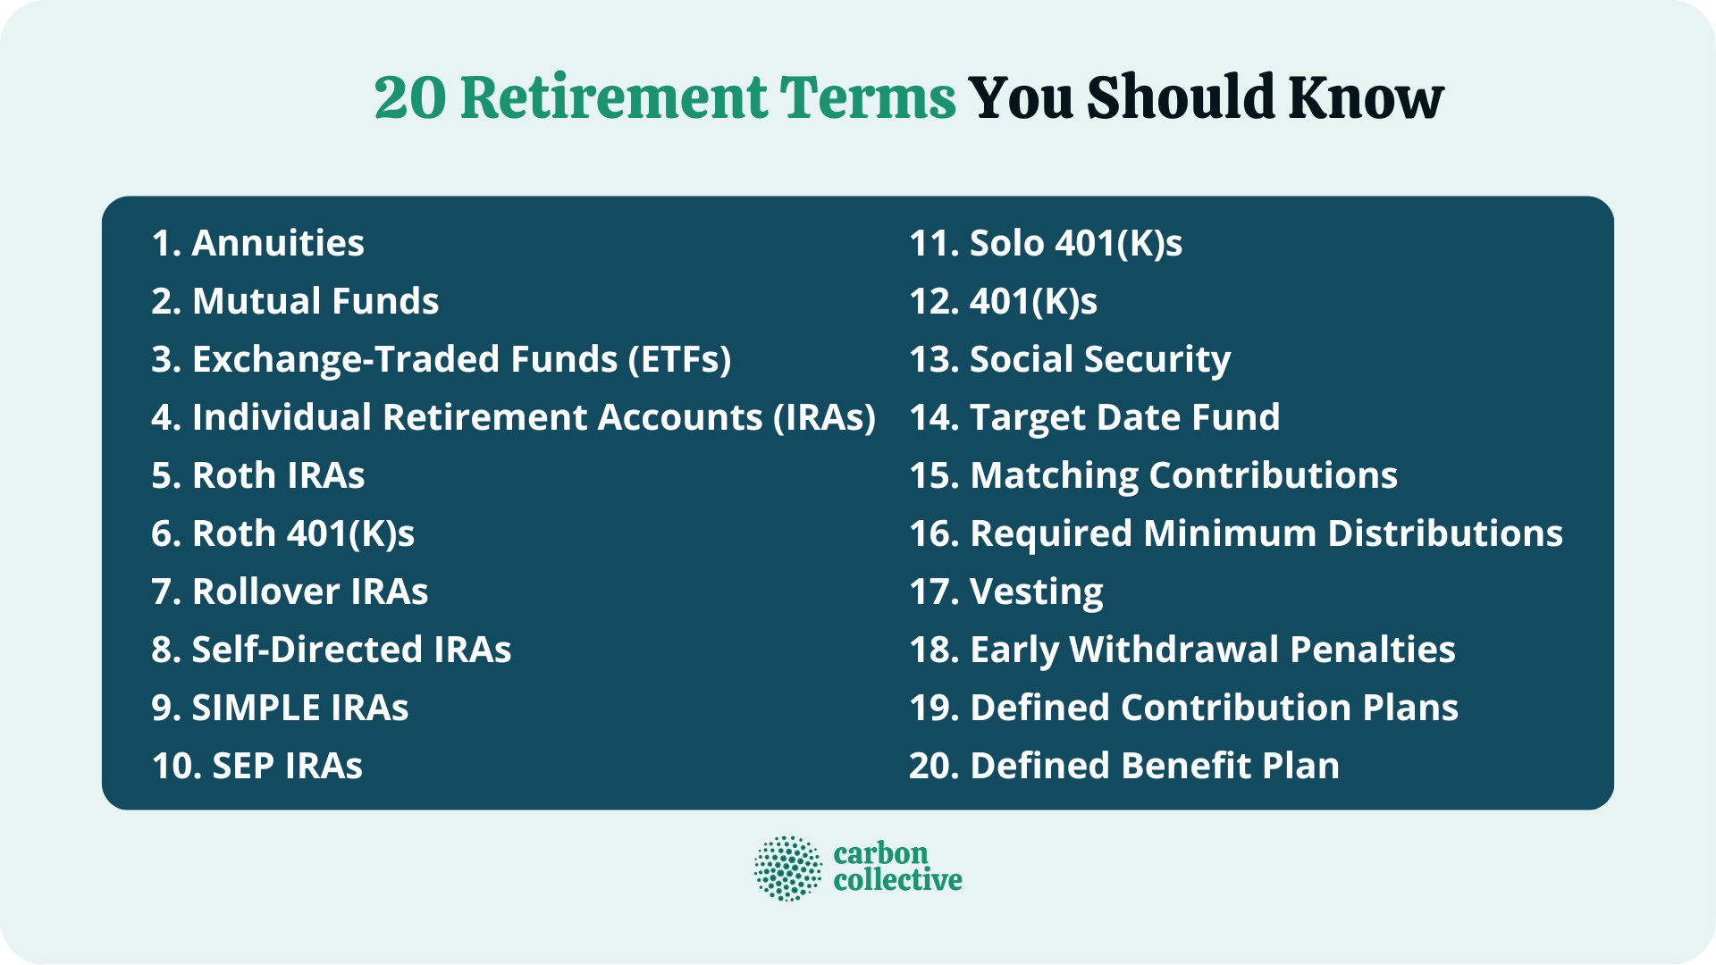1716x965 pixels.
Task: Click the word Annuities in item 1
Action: click(x=278, y=243)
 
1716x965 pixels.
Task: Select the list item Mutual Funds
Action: click(x=295, y=301)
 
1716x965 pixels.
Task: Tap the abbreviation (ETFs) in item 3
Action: click(x=679, y=359)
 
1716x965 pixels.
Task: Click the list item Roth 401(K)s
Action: click(x=282, y=533)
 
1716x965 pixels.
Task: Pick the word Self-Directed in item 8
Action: click(x=307, y=650)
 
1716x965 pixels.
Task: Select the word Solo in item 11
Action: click(x=1006, y=243)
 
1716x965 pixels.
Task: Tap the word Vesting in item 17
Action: click(x=1036, y=592)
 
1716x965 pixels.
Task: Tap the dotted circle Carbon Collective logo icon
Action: click(x=787, y=868)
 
